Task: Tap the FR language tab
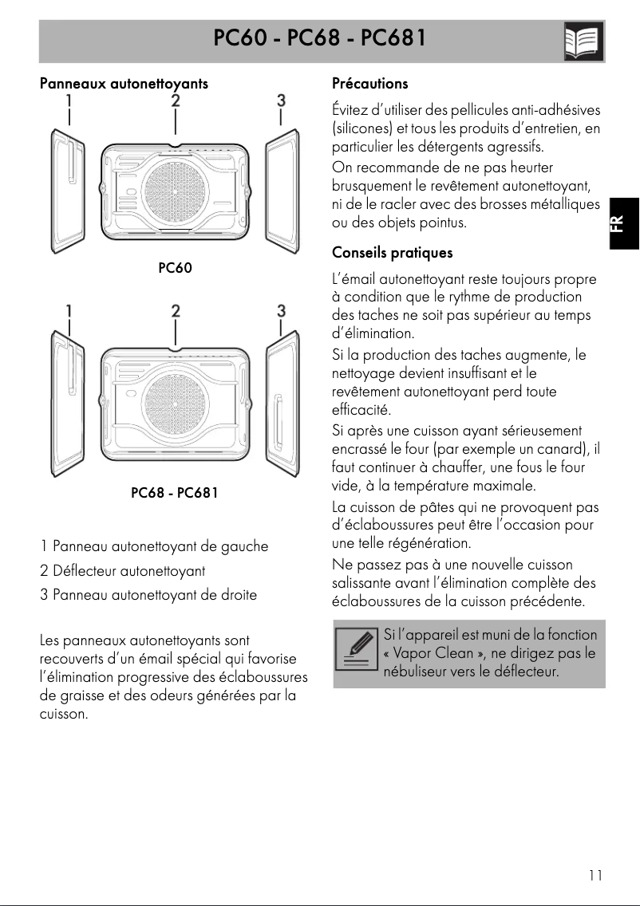tap(624, 223)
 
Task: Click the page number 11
tap(595, 876)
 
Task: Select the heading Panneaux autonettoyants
tap(124, 83)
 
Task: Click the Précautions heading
tap(369, 83)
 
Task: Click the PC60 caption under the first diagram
tap(175, 268)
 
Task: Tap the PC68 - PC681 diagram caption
tap(174, 493)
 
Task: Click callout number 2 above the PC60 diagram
tap(175, 100)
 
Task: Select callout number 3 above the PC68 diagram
tap(281, 310)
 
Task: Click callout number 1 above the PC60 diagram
tap(69, 100)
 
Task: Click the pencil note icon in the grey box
tap(357, 653)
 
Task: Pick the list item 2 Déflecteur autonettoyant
tap(122, 571)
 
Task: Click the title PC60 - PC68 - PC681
tap(319, 38)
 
